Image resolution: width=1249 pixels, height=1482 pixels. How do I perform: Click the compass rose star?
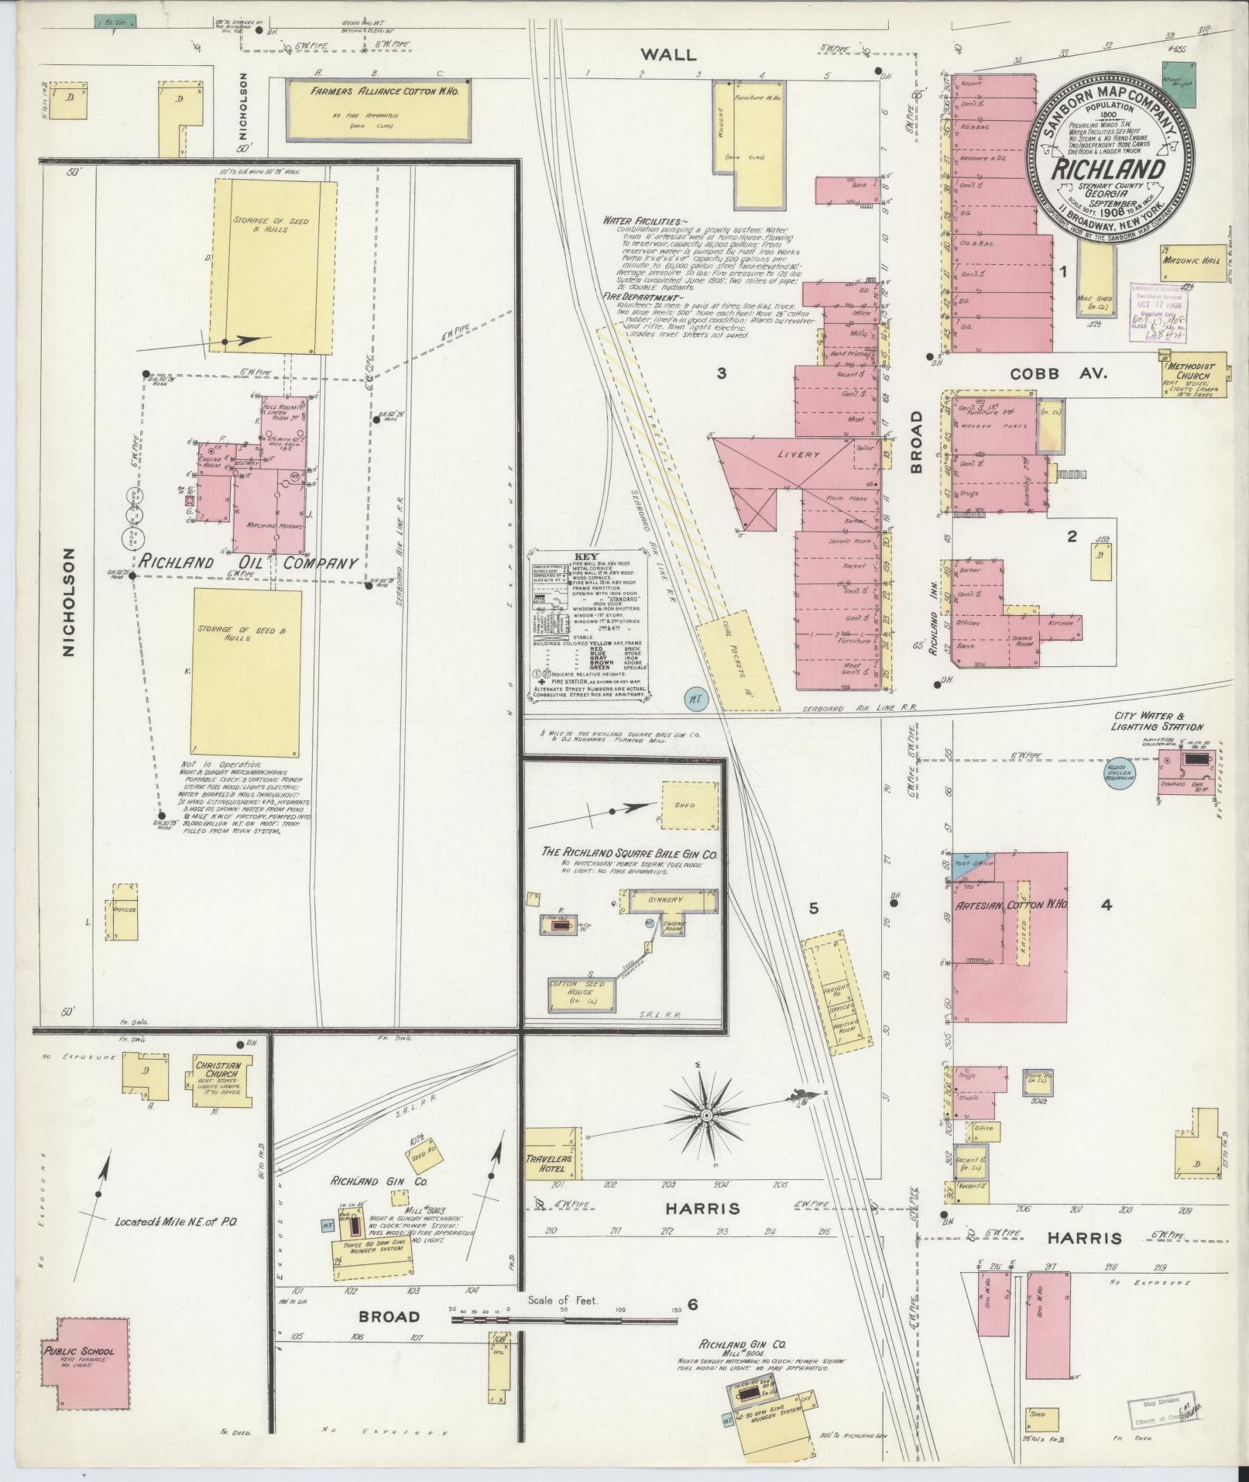[x=705, y=1116]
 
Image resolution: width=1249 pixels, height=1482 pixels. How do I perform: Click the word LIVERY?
[x=799, y=455]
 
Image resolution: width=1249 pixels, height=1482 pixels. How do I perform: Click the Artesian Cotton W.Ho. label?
[x=1011, y=905]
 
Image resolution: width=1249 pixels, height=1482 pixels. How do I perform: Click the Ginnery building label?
[x=667, y=900]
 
